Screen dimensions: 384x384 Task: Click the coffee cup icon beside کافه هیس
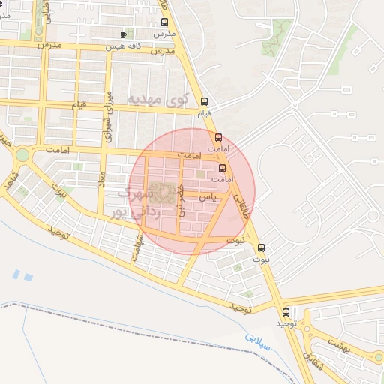[124, 34]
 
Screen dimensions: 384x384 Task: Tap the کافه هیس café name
[145, 46]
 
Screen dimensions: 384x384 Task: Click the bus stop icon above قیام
[205, 102]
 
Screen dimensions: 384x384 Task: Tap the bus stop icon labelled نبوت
[261, 247]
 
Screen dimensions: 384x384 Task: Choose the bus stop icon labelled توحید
[285, 312]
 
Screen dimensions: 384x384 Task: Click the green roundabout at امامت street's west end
[22, 155]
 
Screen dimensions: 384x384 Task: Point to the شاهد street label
[10, 180]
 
